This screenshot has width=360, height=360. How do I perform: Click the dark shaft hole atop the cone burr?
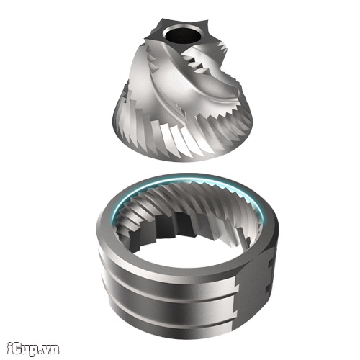tap(181, 35)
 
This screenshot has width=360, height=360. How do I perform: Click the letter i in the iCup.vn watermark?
tap(9, 348)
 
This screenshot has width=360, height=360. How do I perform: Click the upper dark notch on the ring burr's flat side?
tap(271, 264)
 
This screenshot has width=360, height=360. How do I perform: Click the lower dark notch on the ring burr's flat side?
tap(268, 289)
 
